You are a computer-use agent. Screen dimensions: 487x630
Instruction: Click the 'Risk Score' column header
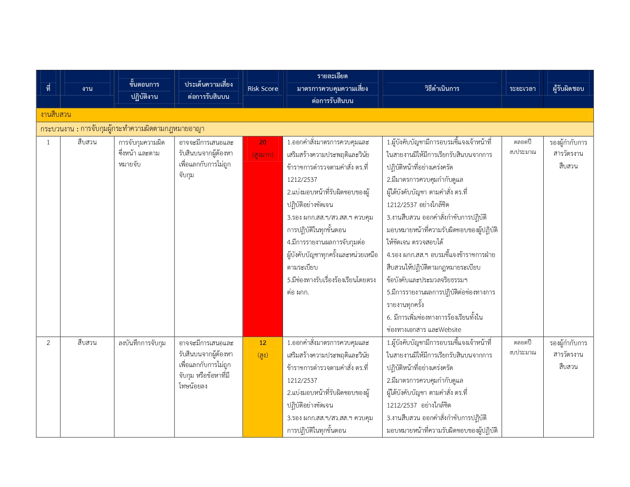tap(263, 89)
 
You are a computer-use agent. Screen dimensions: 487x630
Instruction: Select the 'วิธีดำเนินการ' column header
tap(442, 89)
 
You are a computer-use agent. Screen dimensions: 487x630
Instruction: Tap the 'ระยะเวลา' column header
tap(522, 89)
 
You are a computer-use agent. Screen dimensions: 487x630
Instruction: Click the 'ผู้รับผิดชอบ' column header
tap(568, 89)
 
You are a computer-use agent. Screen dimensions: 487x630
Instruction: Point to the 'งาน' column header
tap(87, 89)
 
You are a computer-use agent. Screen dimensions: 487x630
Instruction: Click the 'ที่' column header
tap(48, 89)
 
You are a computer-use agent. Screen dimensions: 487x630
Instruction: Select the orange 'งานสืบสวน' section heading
tap(56, 115)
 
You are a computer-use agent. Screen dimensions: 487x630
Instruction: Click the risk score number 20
tap(263, 142)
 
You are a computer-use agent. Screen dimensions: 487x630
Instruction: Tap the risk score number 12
tap(263, 343)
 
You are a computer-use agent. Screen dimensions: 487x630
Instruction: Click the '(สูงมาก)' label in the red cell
tap(263, 155)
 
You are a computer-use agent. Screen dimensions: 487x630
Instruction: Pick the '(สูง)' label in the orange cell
tap(263, 355)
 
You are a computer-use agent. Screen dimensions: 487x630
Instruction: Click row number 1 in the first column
tap(48, 142)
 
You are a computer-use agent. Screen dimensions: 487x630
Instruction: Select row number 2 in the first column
tap(48, 343)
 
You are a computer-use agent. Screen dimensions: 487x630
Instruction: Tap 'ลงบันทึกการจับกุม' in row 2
tap(142, 343)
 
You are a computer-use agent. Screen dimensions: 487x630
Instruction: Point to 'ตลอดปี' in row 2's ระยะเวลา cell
tap(522, 343)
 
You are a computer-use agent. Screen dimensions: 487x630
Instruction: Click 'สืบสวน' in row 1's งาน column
tap(87, 142)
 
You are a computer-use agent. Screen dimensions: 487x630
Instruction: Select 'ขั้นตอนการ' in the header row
tap(144, 84)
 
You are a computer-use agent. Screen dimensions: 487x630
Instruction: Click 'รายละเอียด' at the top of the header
tap(332, 76)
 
